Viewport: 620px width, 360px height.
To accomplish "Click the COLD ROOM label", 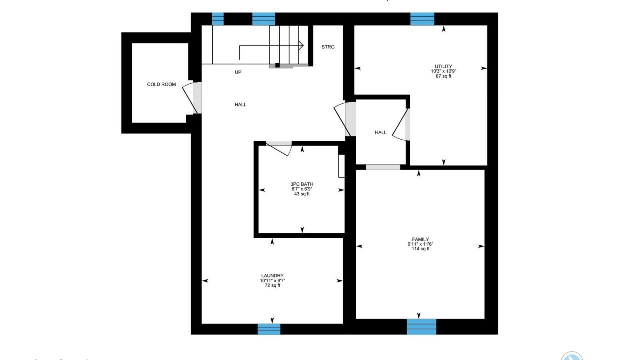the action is [x=161, y=84].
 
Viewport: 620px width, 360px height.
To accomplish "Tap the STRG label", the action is [x=328, y=47].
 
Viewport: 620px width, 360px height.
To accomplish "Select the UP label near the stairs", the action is [x=238, y=72].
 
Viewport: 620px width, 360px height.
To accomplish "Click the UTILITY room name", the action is [x=443, y=66].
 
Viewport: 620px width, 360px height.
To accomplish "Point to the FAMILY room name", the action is [x=420, y=239].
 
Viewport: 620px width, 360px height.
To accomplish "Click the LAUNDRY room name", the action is [x=272, y=276].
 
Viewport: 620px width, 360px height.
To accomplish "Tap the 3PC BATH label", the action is [x=302, y=184].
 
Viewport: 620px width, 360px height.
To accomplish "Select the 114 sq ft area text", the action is [x=420, y=249].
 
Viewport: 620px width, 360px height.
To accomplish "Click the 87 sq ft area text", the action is [x=443, y=76].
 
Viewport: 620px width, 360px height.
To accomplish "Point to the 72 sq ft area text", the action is [x=272, y=285].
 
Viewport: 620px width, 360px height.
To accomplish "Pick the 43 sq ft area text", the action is [x=302, y=194].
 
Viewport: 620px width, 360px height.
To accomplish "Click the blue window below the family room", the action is [x=422, y=327].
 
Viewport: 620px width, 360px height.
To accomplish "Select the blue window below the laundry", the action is [x=269, y=329].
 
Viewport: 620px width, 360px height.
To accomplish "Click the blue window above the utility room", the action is [x=422, y=19].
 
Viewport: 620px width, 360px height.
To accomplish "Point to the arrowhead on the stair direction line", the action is [x=301, y=45].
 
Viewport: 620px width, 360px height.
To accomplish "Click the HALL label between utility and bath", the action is [x=381, y=133].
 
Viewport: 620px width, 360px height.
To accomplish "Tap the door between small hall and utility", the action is [x=401, y=125].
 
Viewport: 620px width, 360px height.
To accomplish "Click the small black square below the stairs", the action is [x=277, y=65].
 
